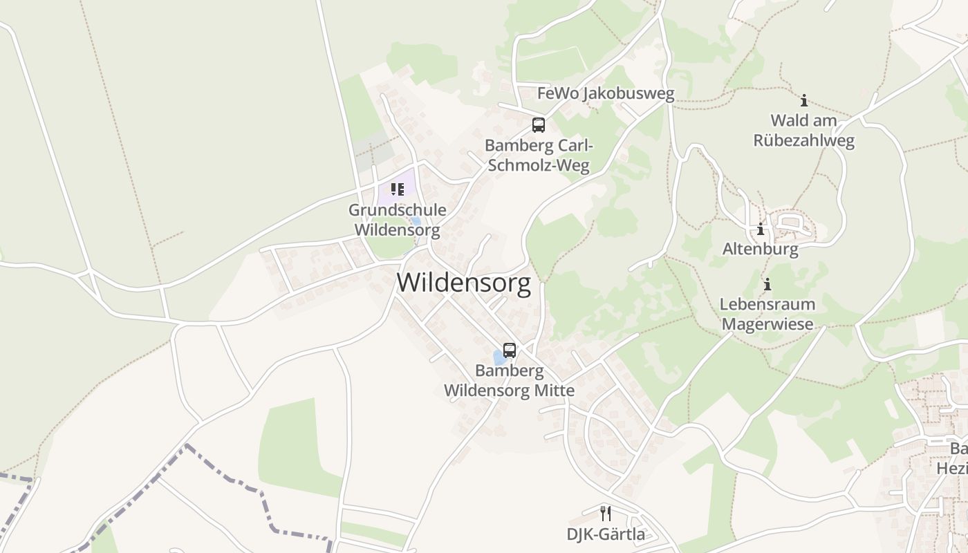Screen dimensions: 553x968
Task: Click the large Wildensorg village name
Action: point(464,283)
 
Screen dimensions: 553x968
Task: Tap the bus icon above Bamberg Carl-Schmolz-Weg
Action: point(538,125)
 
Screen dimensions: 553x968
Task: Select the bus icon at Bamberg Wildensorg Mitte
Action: point(510,350)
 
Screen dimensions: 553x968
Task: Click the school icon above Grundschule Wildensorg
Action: point(397,189)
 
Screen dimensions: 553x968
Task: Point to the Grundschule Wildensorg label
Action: point(397,220)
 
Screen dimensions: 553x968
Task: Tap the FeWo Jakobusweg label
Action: point(606,93)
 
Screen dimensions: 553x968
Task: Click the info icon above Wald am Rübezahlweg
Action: point(803,100)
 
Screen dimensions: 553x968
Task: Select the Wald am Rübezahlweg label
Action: point(803,131)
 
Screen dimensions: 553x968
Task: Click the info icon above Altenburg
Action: point(761,229)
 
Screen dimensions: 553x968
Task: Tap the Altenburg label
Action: point(761,249)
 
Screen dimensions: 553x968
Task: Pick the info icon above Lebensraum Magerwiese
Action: point(767,284)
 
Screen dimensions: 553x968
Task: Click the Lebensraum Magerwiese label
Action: point(767,314)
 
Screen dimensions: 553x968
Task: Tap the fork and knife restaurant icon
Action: point(606,513)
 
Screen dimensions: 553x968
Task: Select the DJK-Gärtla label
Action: point(606,534)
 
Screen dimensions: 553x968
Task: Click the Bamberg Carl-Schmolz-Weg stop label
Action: point(538,156)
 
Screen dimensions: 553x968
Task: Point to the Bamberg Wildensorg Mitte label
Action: point(509,380)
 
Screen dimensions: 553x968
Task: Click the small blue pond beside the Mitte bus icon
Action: point(499,357)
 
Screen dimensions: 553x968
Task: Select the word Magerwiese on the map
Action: point(767,324)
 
